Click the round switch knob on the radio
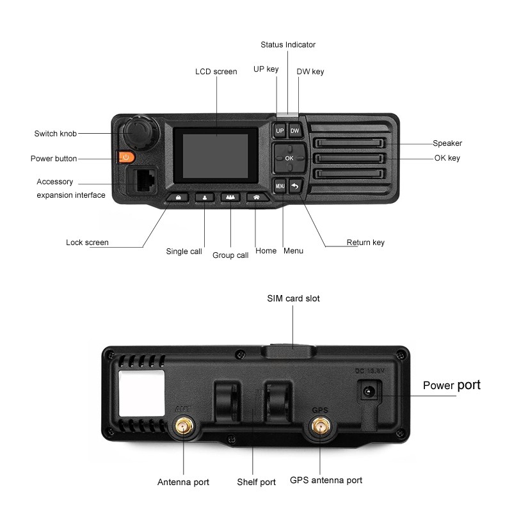point(136,131)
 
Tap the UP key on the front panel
point(280,131)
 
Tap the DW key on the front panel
point(294,131)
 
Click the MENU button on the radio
point(280,186)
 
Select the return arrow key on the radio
point(295,186)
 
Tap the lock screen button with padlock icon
point(179,198)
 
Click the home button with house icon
point(257,198)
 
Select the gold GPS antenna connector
point(319,425)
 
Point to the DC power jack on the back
point(368,392)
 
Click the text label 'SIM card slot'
point(293,298)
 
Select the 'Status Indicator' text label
point(288,45)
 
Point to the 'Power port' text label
point(451,385)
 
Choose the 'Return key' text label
point(365,243)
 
